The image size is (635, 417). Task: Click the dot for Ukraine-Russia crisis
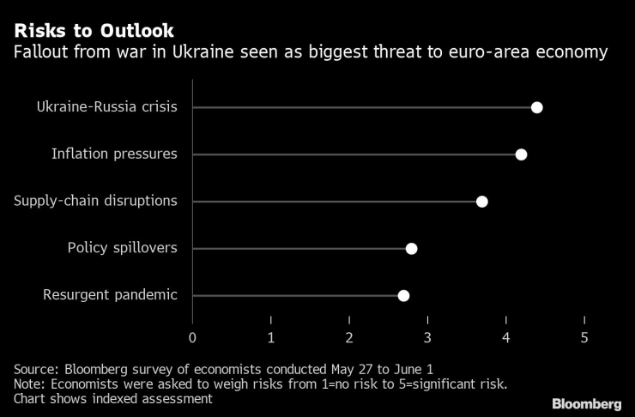537,107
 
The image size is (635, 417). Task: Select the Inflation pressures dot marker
521,154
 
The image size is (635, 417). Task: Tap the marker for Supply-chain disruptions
482,202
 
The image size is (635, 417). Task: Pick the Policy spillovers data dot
411,249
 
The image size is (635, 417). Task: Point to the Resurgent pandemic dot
403,296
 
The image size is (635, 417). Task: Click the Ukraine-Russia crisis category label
106,107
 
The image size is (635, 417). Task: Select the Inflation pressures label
114,154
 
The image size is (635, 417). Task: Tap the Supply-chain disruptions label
95,202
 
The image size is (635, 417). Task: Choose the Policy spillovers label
123,249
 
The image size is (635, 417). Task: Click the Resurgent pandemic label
110,296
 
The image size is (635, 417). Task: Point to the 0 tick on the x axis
192,337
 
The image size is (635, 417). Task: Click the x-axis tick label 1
271,337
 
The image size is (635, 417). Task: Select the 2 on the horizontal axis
349,337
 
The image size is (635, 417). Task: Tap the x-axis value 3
428,337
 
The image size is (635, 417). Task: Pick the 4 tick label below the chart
506,337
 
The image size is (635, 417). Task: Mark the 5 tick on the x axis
585,337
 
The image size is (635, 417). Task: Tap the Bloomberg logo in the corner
587,403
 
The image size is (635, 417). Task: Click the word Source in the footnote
35,369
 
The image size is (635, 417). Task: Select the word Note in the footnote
28,384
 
